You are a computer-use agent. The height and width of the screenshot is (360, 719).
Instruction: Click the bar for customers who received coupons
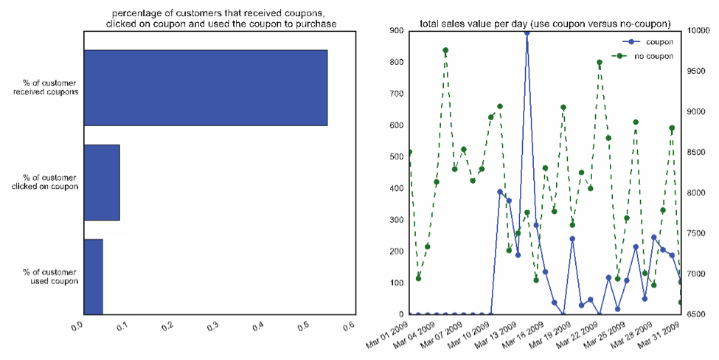coord(205,88)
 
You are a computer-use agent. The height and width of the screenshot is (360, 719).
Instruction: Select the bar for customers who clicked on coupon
coord(102,182)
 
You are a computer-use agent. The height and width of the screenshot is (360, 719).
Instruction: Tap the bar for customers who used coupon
coord(94,277)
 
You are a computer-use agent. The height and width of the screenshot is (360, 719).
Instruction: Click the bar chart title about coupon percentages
coord(220,19)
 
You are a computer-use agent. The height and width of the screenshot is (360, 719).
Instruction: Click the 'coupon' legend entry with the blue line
coord(653,42)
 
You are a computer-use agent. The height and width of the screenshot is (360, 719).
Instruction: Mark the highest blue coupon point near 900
coord(527,32)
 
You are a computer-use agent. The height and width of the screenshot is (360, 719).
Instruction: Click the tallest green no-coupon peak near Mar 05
coord(445,50)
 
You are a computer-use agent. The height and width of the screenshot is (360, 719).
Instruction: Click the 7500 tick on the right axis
coord(696,233)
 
